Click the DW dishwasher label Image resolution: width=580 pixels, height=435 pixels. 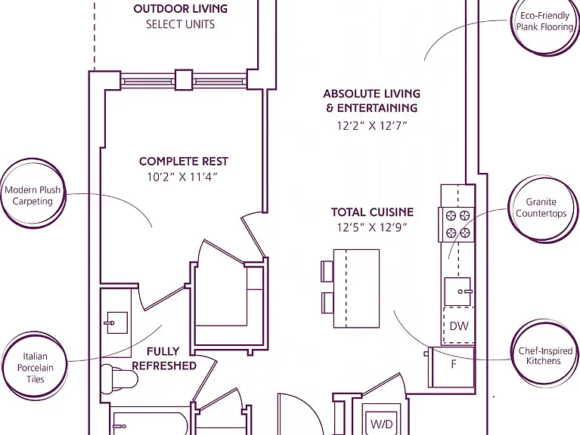pyautogui.click(x=459, y=325)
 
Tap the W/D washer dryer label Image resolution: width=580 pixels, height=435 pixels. pyautogui.click(x=381, y=424)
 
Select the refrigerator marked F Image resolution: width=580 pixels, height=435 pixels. pyautogui.click(x=451, y=367)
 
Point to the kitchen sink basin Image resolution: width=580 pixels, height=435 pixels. pyautogui.click(x=457, y=292)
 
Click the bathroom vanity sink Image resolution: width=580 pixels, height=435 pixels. pyautogui.click(x=117, y=322)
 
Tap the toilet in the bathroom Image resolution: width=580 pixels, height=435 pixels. pyautogui.click(x=119, y=378)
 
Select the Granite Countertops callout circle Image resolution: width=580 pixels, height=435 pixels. pyautogui.click(x=541, y=208)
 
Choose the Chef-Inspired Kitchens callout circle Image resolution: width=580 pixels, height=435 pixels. pyautogui.click(x=544, y=356)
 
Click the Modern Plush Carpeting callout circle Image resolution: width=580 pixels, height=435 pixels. pyautogui.click(x=33, y=193)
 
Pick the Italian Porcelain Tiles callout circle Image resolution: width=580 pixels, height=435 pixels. pyautogui.click(x=34, y=366)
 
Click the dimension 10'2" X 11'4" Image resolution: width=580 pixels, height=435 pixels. pyautogui.click(x=182, y=177)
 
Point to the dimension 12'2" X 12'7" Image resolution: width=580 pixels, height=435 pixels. pyautogui.click(x=372, y=126)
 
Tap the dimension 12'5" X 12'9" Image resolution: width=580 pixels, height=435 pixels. pyautogui.click(x=372, y=227)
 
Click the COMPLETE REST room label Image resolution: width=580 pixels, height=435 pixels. pyautogui.click(x=184, y=162)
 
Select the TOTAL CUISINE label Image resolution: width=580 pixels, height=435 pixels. pyautogui.click(x=372, y=212)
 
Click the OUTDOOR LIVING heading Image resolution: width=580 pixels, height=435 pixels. pyautogui.click(x=181, y=9)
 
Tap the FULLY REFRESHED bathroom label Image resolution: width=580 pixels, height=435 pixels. pyautogui.click(x=164, y=358)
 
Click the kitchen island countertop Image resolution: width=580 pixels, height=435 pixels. pyautogui.click(x=357, y=288)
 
